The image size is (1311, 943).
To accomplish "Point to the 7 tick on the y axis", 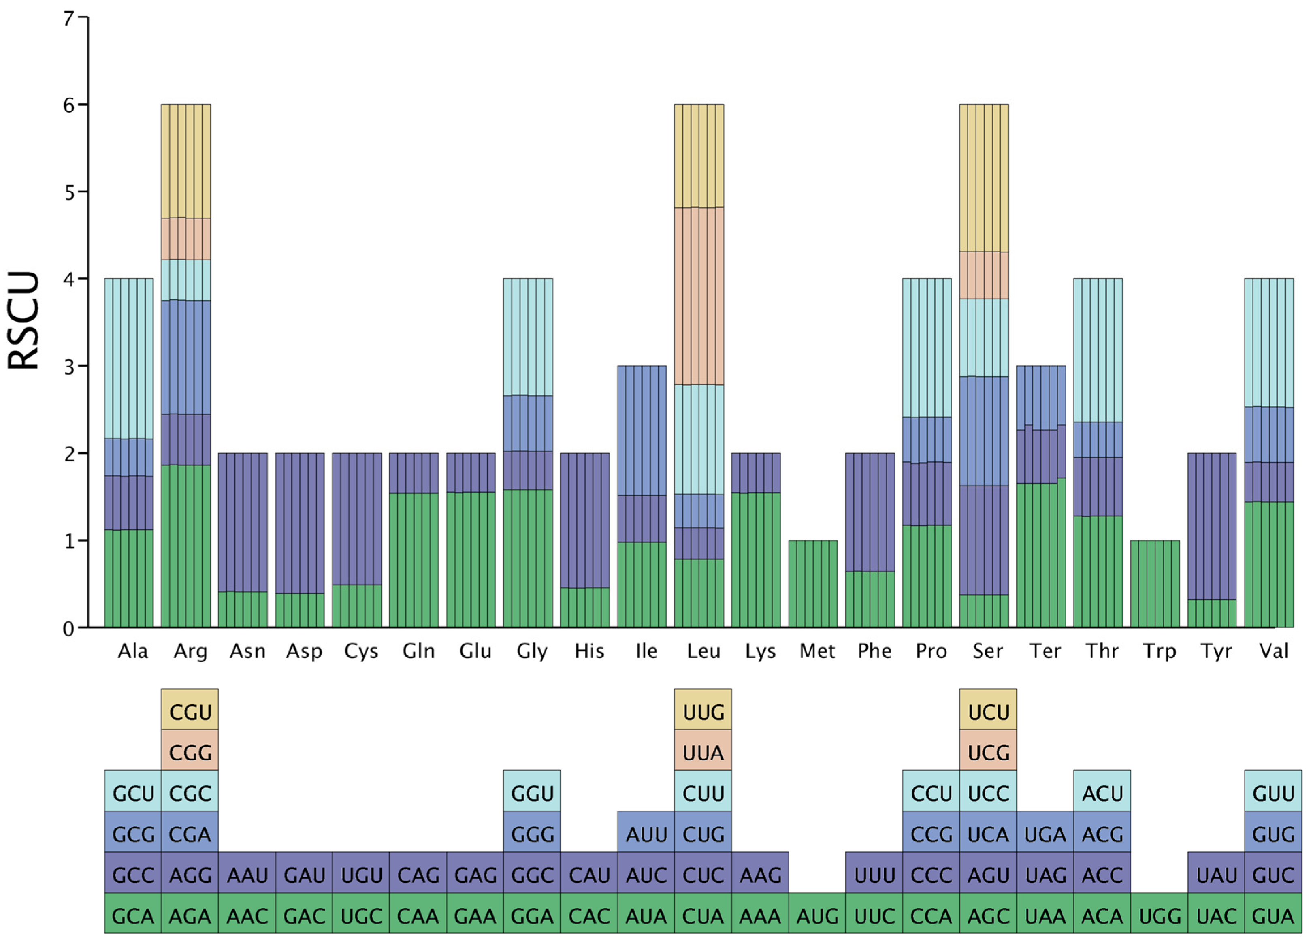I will point(69,19).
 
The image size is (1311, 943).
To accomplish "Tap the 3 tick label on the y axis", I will point(69,367).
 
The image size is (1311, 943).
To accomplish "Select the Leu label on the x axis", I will point(703,652).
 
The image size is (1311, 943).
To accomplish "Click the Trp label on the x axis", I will point(1159,652).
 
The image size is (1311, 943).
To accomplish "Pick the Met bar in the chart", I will point(813,584).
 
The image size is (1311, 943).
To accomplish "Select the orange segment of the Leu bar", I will point(699,296).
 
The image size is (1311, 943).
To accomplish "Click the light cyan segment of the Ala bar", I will point(128,358).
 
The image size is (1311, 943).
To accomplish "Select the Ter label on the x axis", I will point(1045,652).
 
